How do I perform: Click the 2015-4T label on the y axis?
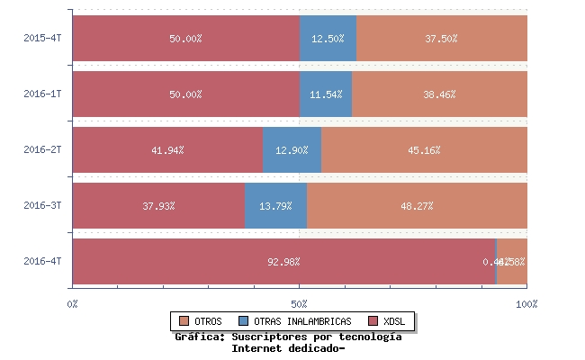point(42,39)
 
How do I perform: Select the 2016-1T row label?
point(42,94)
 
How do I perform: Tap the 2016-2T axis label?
point(42,150)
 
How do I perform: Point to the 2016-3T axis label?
point(42,206)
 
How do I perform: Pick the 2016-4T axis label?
point(42,262)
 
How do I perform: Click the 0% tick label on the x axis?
point(73,304)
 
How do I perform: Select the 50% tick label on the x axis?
point(300,304)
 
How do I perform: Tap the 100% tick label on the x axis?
point(526,304)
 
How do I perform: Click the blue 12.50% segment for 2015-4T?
point(328,39)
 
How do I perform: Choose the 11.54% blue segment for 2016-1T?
point(326,94)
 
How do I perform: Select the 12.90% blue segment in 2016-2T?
point(292,150)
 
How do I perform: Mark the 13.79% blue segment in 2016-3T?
point(275,206)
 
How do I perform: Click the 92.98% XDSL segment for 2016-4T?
point(283,262)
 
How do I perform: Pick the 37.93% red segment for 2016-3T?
point(158,206)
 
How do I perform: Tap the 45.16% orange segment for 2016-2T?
point(424,150)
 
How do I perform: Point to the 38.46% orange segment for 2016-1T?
point(439,94)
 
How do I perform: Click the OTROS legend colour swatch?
point(184,321)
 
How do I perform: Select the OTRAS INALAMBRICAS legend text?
point(302,321)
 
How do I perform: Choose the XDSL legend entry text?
point(393,321)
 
